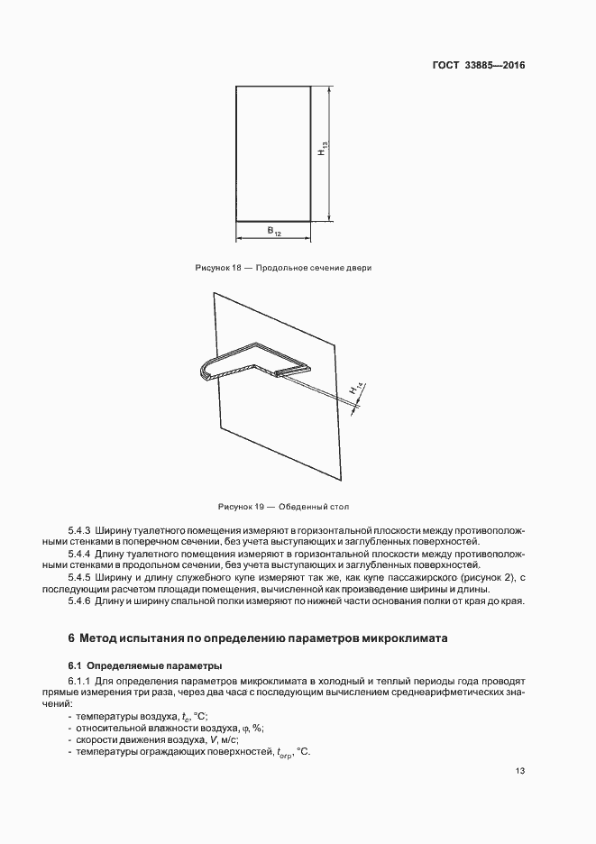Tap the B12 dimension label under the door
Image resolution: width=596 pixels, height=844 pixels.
pyautogui.click(x=274, y=233)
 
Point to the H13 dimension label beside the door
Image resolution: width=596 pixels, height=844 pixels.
pyautogui.click(x=322, y=153)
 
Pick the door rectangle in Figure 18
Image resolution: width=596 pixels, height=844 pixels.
pyautogui.click(x=273, y=153)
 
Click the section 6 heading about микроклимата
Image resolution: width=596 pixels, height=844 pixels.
pyautogui.click(x=258, y=638)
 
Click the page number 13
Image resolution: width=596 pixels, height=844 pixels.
pyautogui.click(x=521, y=771)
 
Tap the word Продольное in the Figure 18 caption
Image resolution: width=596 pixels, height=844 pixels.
pyautogui.click(x=283, y=268)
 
